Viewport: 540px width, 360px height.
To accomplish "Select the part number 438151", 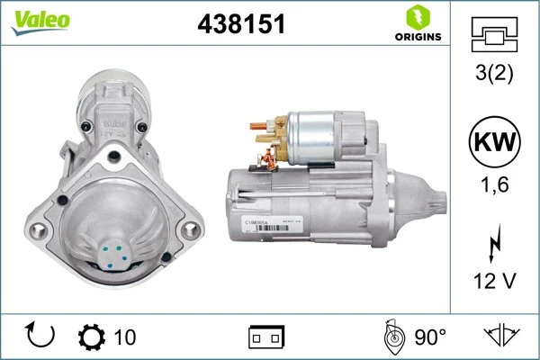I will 240,24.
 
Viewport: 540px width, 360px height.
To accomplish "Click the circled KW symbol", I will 494,142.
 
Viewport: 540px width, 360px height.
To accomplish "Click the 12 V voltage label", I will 494,282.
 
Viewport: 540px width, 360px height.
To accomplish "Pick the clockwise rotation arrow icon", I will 40,337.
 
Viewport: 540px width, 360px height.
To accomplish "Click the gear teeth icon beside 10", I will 92,337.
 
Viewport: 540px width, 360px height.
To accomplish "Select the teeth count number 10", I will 125,337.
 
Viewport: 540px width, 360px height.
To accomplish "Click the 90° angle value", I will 430,337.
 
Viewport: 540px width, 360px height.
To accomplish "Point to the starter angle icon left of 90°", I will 392,337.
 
